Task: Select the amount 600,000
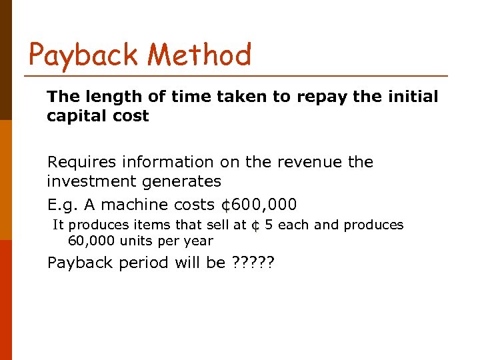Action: pos(263,205)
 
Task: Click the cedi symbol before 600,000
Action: pos(225,205)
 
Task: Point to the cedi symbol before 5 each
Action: pos(255,225)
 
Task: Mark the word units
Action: pos(134,241)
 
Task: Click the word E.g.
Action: pos(61,205)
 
